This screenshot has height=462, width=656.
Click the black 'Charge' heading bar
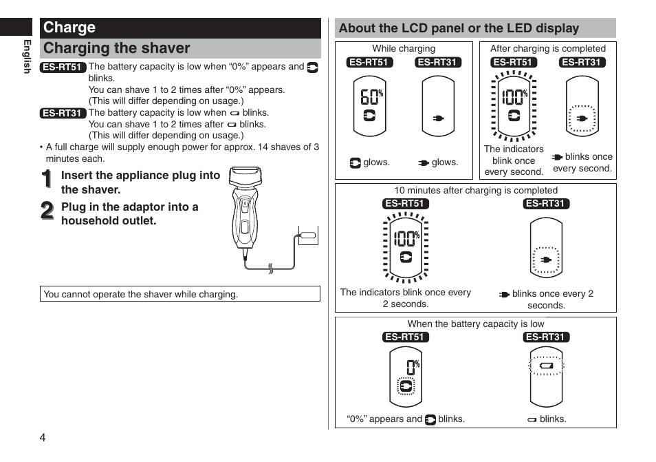[180, 28]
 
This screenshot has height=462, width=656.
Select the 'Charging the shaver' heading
[117, 48]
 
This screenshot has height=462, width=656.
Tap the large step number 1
[47, 180]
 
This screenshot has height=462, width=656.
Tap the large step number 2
[47, 211]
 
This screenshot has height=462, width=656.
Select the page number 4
[43, 438]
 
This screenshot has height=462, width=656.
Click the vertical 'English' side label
[28, 56]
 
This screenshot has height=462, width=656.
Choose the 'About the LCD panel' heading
[459, 28]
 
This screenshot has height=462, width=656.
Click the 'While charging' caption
[404, 49]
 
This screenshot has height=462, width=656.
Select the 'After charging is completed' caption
[547, 49]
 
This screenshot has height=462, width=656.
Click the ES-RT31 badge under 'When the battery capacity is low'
[546, 337]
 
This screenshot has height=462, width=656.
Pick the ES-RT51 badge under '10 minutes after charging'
[406, 204]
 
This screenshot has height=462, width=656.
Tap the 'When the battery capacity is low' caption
[475, 324]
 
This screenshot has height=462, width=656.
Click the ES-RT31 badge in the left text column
[62, 113]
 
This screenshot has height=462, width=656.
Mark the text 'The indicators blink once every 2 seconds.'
[405, 298]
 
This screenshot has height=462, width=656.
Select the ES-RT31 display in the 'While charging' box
[438, 106]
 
